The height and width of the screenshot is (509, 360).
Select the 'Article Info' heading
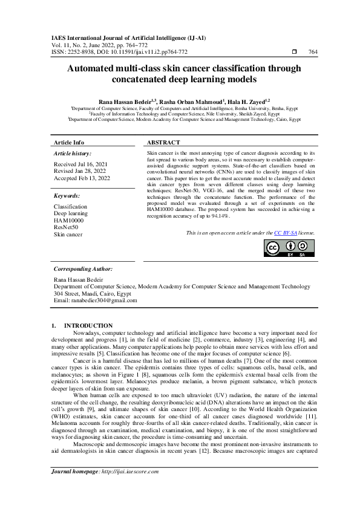pyautogui.click(x=69, y=142)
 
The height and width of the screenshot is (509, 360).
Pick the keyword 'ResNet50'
pyautogui.click(x=65, y=227)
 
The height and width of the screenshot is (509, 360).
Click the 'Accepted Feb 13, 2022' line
pyautogui.click(x=82, y=178)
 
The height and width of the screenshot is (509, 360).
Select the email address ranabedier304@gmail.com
pyautogui.click(x=103, y=300)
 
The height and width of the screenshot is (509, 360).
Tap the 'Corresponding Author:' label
pyautogui.click(x=83, y=268)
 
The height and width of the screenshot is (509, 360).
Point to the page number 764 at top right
pyautogui.click(x=312, y=52)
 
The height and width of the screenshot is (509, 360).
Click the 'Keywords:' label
pyautogui.click(x=67, y=196)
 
